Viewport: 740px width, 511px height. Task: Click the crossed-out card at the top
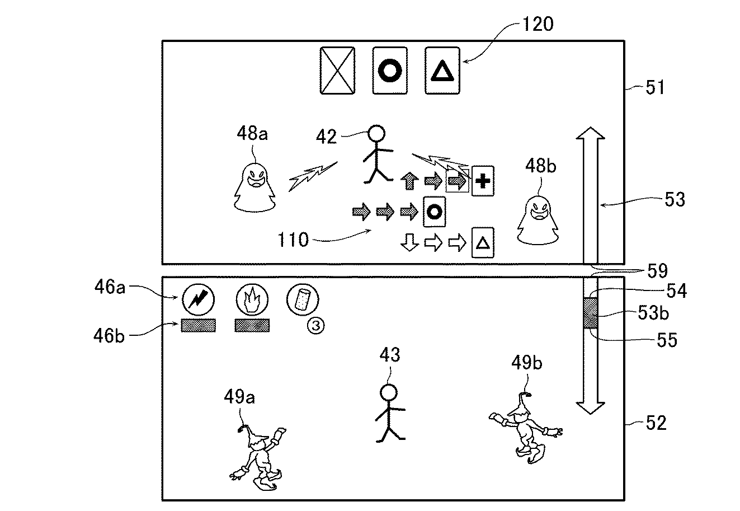[337, 71]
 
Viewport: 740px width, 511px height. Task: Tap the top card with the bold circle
[390, 71]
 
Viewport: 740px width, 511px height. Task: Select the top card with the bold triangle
[442, 71]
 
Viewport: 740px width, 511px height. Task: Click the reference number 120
[538, 24]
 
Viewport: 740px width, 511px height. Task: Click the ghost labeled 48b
[538, 220]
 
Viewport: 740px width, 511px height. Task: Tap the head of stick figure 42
[376, 134]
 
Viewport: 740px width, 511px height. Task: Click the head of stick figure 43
[389, 393]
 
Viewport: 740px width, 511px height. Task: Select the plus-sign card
[483, 181]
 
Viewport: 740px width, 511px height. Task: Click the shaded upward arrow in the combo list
[409, 181]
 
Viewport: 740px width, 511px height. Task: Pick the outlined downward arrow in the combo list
[409, 242]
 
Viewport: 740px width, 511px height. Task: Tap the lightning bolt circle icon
[198, 299]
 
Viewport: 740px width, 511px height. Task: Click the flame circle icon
[252, 299]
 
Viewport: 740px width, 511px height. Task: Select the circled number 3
[316, 326]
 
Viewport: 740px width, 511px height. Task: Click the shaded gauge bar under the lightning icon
[198, 325]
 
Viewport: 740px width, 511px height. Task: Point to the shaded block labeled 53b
[590, 313]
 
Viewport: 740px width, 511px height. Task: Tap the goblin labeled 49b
[525, 428]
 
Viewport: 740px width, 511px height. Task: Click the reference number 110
[293, 240]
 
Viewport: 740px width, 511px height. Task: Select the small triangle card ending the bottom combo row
[483, 242]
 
